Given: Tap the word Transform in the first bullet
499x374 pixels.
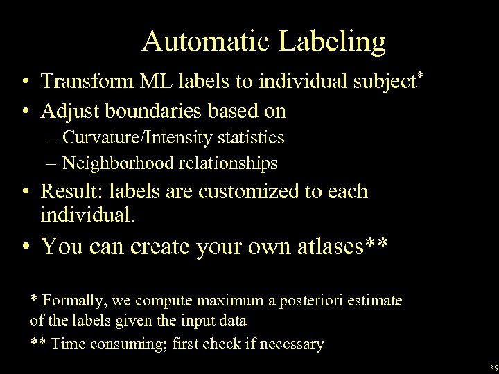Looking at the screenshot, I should click(88, 82).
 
